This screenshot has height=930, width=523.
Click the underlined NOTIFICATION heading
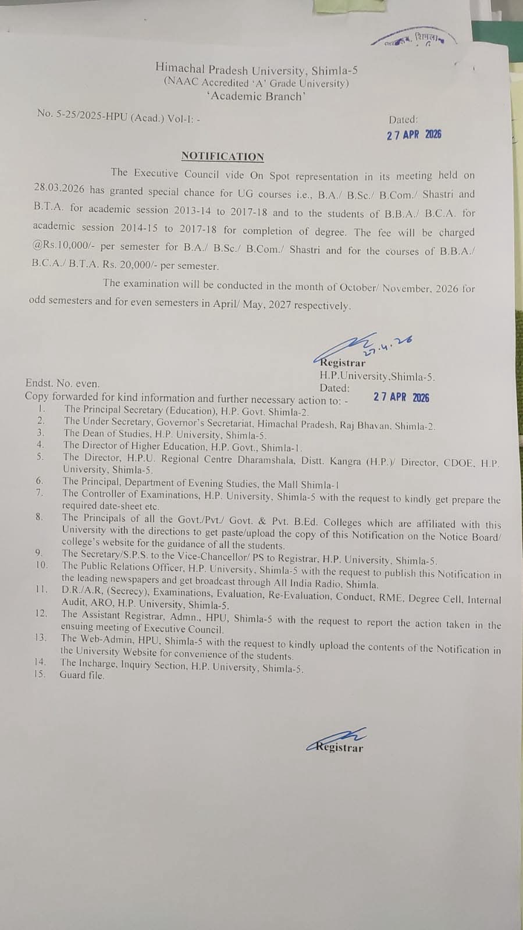point(222,156)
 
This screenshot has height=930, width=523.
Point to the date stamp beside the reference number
point(414,135)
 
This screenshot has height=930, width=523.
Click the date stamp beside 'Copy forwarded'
point(401,397)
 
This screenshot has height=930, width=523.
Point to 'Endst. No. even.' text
point(62,384)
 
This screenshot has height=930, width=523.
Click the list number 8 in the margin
point(39,517)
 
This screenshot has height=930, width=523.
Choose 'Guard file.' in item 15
point(82,676)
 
